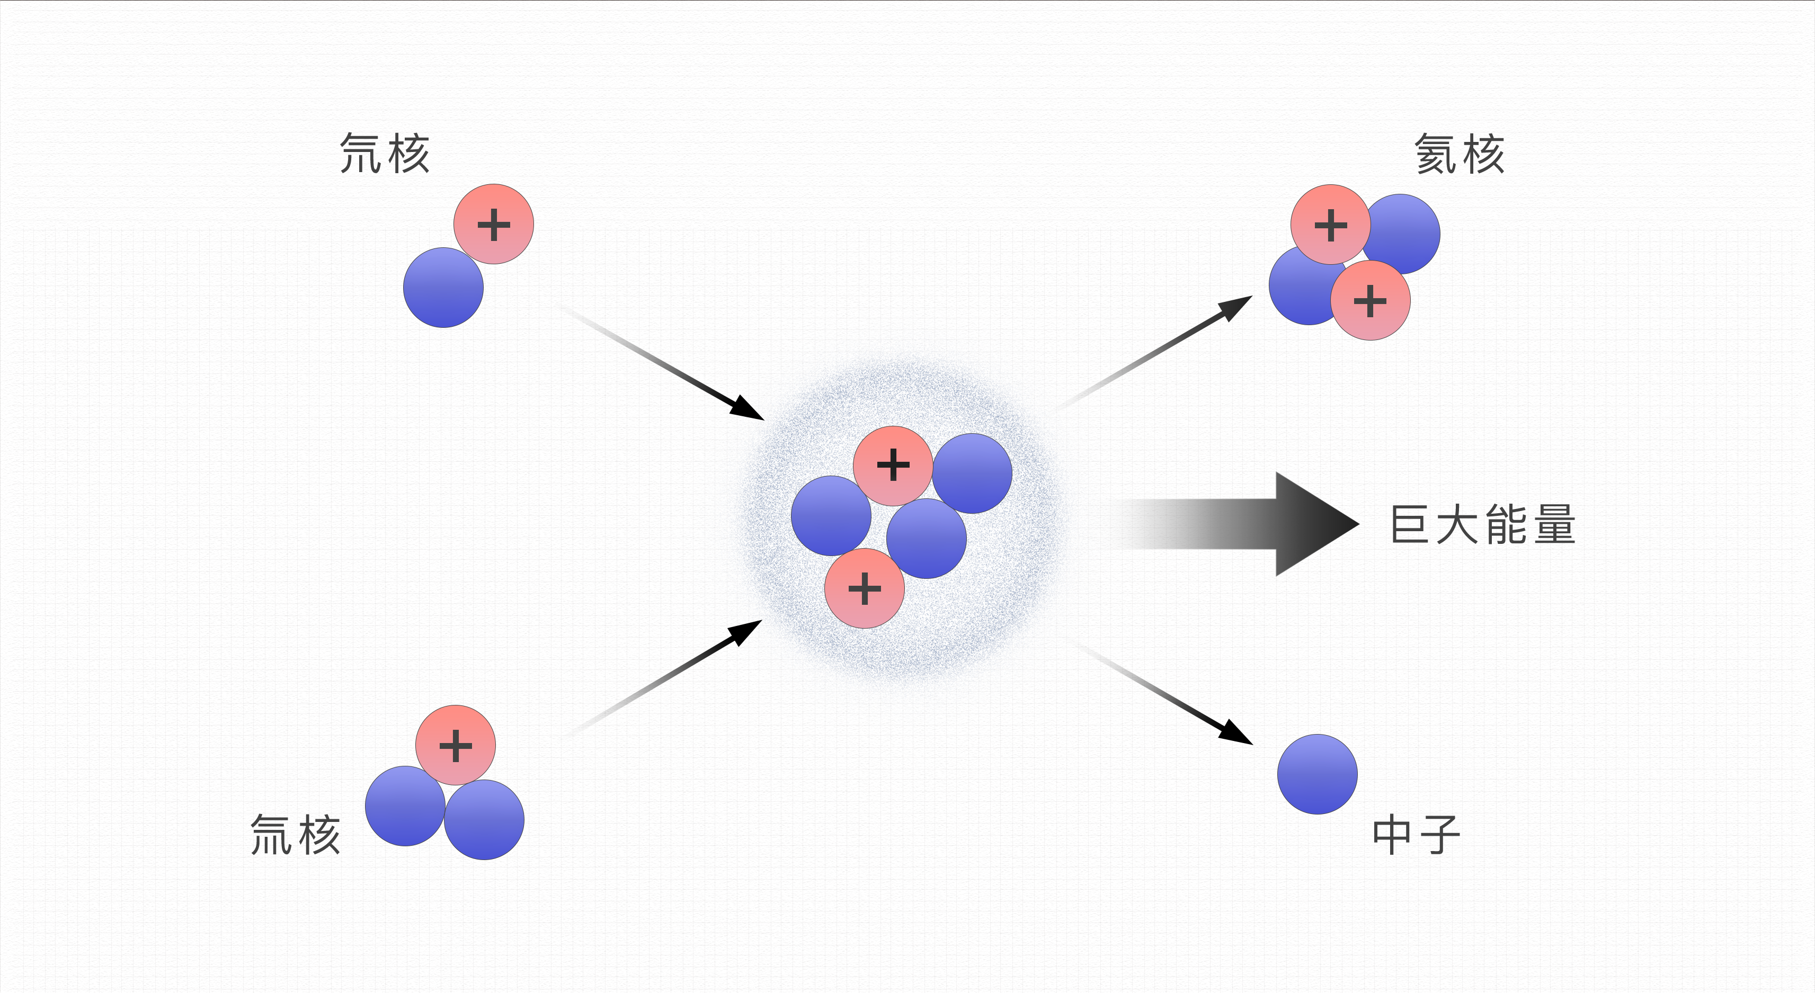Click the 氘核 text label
click(384, 154)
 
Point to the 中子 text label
click(1416, 835)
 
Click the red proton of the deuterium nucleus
click(493, 224)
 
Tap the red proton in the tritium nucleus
click(455, 745)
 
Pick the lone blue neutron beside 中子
click(1317, 774)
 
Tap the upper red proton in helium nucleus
click(1330, 224)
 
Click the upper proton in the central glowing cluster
click(893, 465)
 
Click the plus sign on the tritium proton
click(455, 746)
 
